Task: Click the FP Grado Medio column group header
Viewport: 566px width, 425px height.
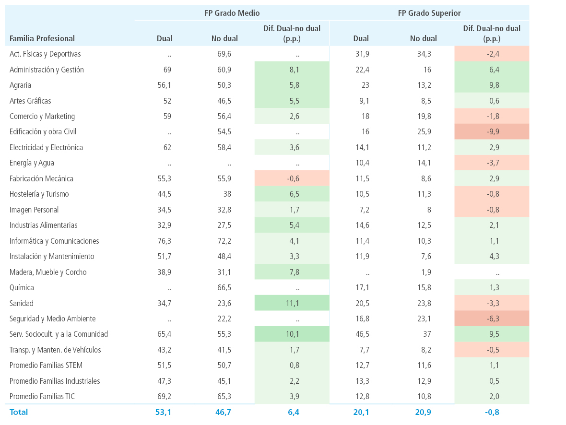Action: pos(232,13)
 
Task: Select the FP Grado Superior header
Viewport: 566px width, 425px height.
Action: pos(429,13)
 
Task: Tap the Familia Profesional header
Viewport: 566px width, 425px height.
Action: pos(42,39)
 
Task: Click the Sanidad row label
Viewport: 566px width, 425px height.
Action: pos(21,303)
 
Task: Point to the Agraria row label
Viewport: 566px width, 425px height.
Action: pos(20,85)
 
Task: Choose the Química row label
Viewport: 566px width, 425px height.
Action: pos(22,288)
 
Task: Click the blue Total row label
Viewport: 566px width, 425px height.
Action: pos(18,412)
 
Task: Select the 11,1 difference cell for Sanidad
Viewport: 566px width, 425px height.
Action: pos(292,303)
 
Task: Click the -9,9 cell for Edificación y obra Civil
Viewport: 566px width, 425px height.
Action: pos(492,132)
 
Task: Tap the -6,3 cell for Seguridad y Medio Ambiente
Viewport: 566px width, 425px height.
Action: pos(492,319)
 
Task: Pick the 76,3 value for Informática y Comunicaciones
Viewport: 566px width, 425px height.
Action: pos(164,241)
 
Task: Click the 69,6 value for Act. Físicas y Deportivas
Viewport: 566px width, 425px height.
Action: pos(224,54)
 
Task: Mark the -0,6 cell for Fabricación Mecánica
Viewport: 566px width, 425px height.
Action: pos(292,178)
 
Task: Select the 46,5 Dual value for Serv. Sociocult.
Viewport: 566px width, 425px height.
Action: pos(363,334)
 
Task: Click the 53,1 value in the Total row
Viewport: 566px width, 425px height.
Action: pos(163,412)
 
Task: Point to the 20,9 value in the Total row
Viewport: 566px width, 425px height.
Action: pos(423,412)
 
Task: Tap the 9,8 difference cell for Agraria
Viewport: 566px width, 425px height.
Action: pos(492,85)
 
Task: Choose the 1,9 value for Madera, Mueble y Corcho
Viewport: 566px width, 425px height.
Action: pos(426,272)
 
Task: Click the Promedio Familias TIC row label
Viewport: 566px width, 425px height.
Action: pos(42,397)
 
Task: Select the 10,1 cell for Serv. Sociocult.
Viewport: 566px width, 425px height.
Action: pos(292,334)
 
